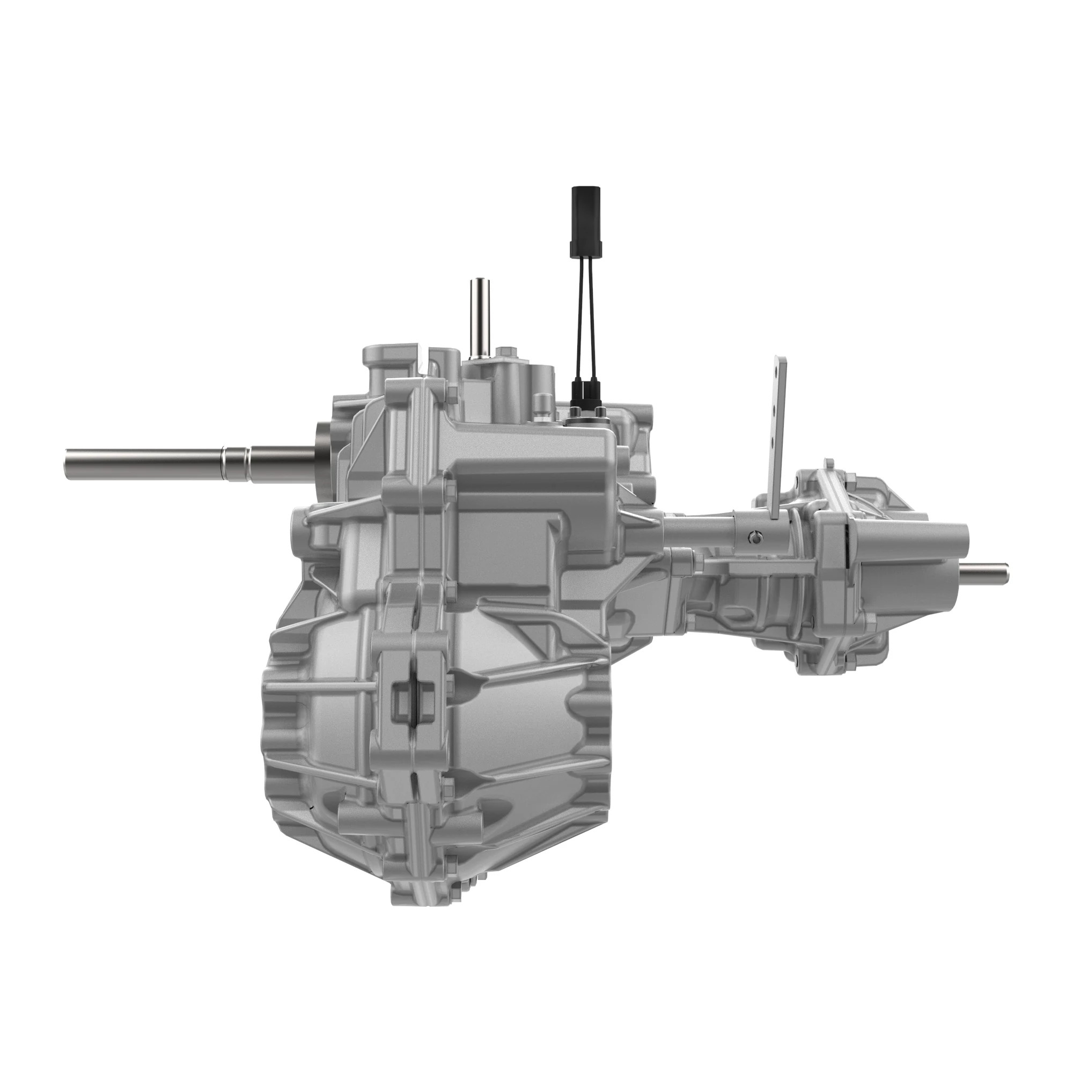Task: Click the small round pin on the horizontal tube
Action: pos(754,536)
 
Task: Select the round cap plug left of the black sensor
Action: pos(540,401)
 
